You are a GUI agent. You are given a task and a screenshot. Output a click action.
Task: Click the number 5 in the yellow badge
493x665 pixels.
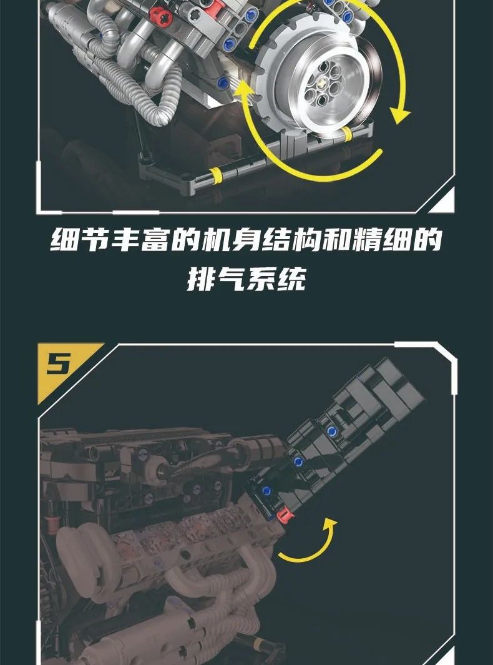(59, 363)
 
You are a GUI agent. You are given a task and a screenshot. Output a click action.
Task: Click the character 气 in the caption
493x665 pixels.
(231, 279)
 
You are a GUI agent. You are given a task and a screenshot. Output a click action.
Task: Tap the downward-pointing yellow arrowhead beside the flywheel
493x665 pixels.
(400, 114)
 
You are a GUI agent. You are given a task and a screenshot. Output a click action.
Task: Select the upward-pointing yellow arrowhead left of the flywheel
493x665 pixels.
(243, 91)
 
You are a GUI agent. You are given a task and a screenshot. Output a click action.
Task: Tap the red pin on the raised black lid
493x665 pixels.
(285, 515)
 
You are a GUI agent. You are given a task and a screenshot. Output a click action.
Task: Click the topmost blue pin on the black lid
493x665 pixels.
(331, 431)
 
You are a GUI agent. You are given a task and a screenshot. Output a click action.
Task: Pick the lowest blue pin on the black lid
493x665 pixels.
(266, 491)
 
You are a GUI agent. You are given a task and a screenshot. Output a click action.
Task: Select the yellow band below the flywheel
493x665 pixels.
(347, 134)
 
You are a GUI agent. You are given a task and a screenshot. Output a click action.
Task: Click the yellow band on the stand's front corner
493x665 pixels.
(215, 175)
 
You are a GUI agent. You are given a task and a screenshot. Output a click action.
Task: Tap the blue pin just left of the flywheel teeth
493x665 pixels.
(223, 82)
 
